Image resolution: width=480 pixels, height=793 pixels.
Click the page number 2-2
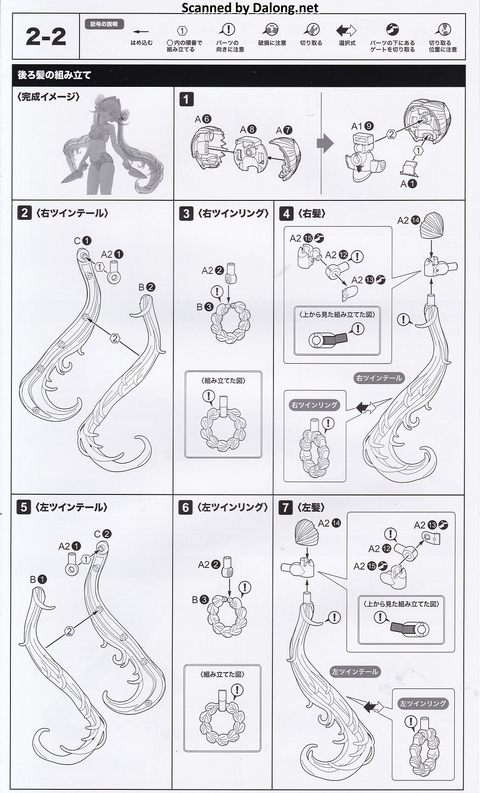tap(46, 37)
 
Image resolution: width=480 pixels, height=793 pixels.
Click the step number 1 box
tap(186, 99)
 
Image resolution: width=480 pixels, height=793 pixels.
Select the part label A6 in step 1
tap(203, 119)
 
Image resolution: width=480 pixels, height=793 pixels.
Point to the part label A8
tap(248, 129)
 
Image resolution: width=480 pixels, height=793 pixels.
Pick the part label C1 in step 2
tap(83, 241)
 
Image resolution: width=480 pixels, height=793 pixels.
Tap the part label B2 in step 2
tap(147, 287)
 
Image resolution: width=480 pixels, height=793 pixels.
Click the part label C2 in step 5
tap(102, 534)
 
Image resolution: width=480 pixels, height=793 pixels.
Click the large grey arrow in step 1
tap(325, 144)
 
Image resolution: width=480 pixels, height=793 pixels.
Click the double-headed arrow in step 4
tap(366, 408)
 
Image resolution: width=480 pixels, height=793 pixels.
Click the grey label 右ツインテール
tap(379, 378)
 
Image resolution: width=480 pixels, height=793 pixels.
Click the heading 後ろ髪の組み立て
tap(55, 75)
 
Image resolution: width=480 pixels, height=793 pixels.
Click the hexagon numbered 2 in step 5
tap(69, 631)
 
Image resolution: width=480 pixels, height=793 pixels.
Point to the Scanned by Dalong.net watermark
tap(250, 8)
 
